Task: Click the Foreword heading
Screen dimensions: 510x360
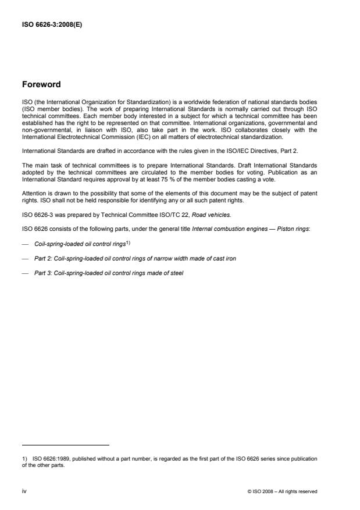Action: [41, 84]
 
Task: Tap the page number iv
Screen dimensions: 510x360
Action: [24, 491]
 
